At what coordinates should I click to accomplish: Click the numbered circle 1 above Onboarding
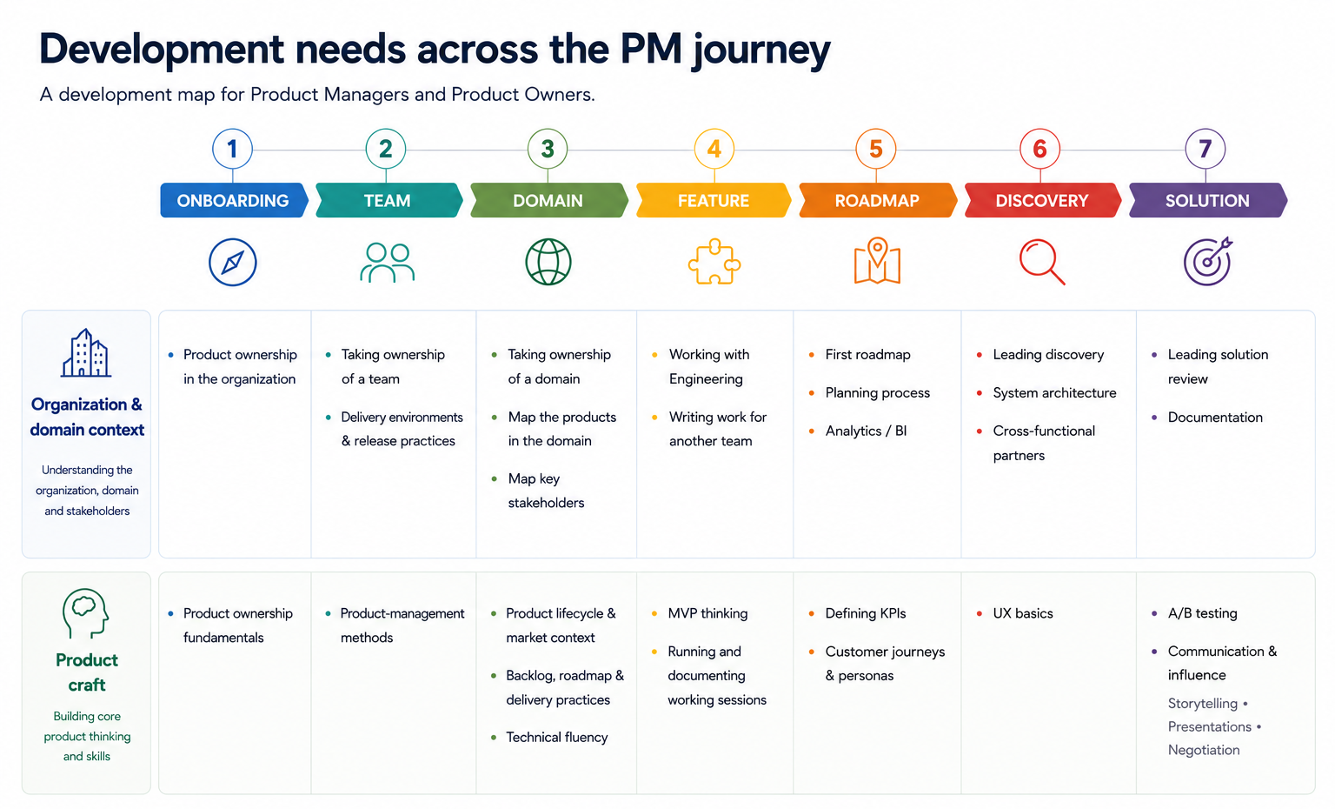click(232, 149)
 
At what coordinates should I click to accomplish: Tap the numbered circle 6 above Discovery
click(1039, 149)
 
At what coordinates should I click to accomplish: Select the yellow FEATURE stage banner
click(714, 200)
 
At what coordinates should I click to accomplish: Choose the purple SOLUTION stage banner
click(1207, 200)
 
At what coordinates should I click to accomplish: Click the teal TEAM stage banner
click(389, 200)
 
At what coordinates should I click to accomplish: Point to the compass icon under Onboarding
click(232, 263)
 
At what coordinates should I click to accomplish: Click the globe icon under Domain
click(548, 262)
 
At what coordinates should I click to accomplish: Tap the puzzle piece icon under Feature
click(714, 261)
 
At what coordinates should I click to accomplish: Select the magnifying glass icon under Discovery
click(1042, 262)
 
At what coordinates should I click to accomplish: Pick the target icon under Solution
click(1208, 261)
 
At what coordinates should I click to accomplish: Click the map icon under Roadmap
click(877, 261)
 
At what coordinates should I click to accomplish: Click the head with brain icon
click(86, 613)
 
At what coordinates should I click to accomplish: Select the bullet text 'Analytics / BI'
click(866, 431)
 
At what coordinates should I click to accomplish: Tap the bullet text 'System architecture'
click(1054, 392)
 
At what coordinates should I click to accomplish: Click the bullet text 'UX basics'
click(1023, 613)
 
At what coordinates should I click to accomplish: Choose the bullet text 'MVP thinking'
click(707, 613)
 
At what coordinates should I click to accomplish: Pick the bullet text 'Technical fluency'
click(556, 738)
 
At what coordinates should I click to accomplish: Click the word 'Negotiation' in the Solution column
click(1203, 750)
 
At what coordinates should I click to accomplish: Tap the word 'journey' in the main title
click(761, 50)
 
